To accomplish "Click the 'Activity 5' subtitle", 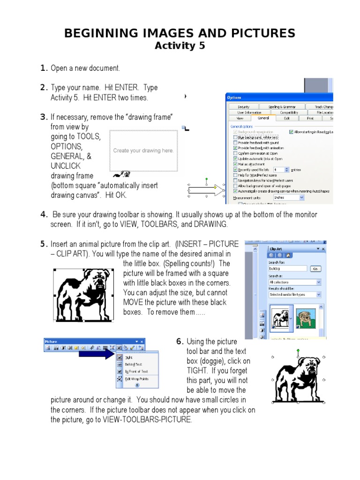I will [180, 45].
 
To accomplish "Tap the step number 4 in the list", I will [44, 215].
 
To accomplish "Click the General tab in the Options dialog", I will [263, 119].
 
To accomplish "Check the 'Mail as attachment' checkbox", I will [235, 164].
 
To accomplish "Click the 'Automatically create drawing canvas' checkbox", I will [235, 191].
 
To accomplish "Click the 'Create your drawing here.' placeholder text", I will [143, 150].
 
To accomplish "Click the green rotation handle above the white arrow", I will [206, 179].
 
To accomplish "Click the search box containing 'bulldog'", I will [287, 269].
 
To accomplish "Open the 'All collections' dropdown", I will [295, 282].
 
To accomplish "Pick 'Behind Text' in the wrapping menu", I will [133, 364].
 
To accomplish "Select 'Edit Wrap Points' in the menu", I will [136, 378].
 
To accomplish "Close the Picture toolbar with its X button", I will [142, 341].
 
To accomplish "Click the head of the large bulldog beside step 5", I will [99, 283].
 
